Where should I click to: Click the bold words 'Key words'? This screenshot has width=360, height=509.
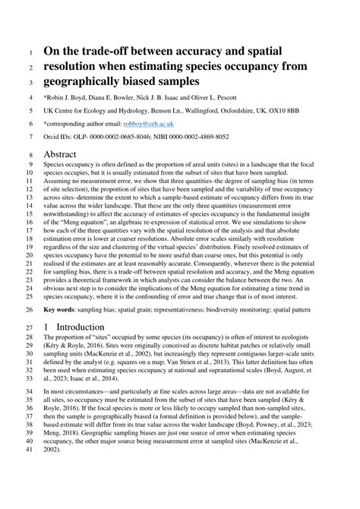62,310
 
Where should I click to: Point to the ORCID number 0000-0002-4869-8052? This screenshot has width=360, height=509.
205,138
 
